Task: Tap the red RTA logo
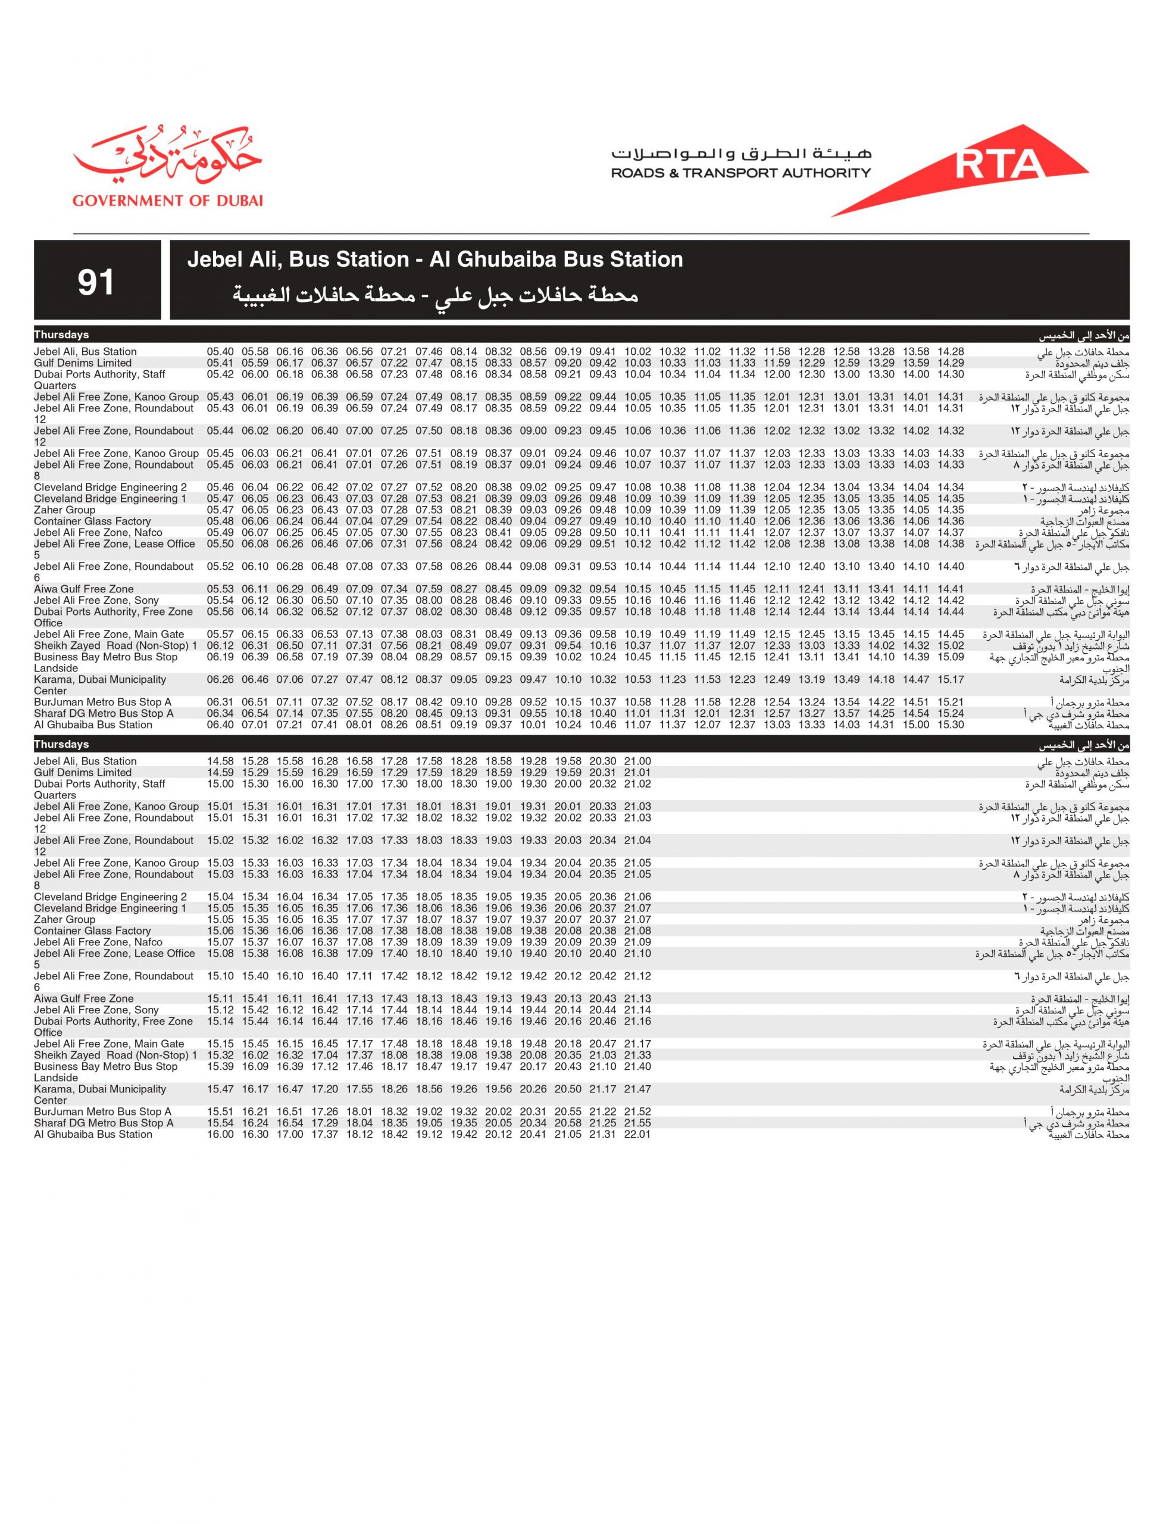coord(997,165)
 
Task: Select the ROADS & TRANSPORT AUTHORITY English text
coord(741,173)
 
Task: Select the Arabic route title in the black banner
coord(434,296)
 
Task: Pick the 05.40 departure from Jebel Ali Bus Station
coord(220,352)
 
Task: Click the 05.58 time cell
coord(255,352)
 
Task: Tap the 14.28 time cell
coord(951,352)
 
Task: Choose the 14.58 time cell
coord(220,761)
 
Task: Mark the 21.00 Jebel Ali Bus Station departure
coord(637,761)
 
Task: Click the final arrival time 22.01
coord(637,1134)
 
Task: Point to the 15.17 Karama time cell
coord(951,680)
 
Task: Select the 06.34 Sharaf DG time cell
coord(220,714)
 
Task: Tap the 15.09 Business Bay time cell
coord(951,657)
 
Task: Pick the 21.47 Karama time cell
coord(637,1089)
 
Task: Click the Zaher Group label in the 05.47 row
coord(64,510)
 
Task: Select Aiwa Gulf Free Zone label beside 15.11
coord(84,998)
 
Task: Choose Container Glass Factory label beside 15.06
coord(92,930)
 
